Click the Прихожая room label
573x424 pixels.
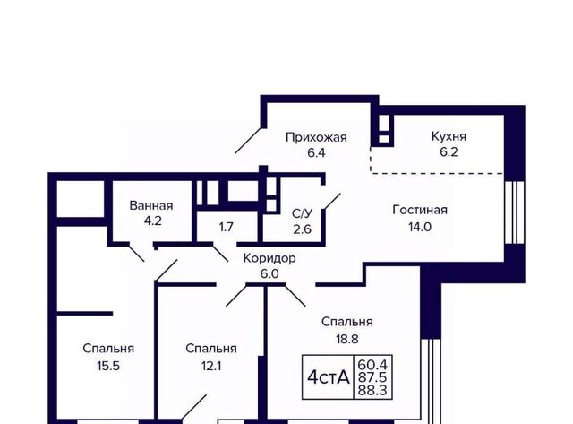pos(316,137)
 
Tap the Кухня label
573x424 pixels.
pos(449,136)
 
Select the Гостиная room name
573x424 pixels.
pos(420,210)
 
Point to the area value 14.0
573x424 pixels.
pos(420,227)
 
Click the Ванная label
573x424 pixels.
pos(151,205)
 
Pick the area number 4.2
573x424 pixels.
pos(153,221)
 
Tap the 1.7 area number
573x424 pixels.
pos(227,227)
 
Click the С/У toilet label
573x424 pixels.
pos(303,213)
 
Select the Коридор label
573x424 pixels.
pos(269,258)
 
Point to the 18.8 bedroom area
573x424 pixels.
pos(347,339)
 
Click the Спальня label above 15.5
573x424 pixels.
pos(108,349)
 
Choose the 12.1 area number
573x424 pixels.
pos(211,366)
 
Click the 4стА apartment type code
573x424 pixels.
pos(329,377)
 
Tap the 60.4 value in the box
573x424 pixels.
pos(372,365)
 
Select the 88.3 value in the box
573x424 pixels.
pos(372,390)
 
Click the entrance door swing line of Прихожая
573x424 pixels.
pos(248,141)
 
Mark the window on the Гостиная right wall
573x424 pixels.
pos(515,212)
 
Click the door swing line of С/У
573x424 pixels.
pos(332,202)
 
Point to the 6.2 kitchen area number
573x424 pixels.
pos(449,151)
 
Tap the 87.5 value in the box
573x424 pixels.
pos(372,377)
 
